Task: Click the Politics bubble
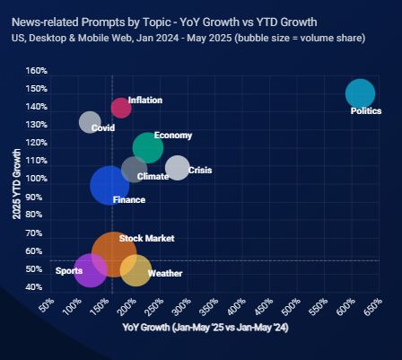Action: [x=360, y=93]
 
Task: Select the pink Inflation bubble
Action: [x=121, y=108]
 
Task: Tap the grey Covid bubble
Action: [x=90, y=122]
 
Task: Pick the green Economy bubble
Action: [x=148, y=147]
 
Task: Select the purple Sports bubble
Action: [x=91, y=270]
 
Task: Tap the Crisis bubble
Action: [x=178, y=167]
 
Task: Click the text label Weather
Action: [x=165, y=273]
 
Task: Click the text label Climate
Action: [x=153, y=177]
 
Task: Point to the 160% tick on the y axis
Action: [x=37, y=71]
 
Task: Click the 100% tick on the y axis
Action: [x=37, y=179]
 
